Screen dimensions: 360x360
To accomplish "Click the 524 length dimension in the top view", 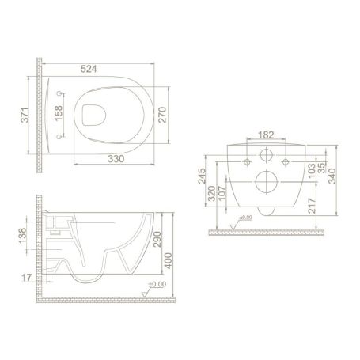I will [89, 70].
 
